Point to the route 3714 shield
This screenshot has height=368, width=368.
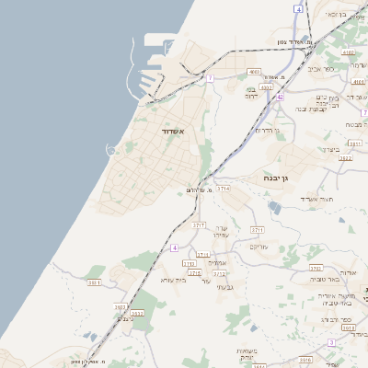[224, 188]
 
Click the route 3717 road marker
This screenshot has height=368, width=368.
[199, 224]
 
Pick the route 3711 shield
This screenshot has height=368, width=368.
[257, 229]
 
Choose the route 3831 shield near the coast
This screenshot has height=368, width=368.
[94, 282]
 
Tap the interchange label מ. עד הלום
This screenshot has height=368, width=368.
[198, 190]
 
